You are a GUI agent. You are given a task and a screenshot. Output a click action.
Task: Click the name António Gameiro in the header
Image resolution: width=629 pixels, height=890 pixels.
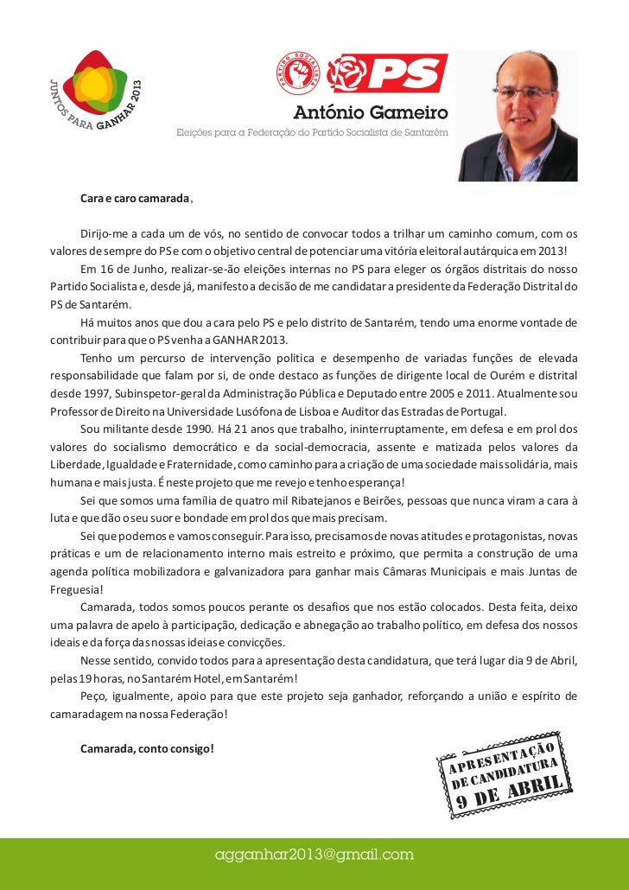[371, 113]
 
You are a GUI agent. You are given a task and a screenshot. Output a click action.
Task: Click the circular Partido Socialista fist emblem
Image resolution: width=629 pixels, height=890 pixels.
[298, 73]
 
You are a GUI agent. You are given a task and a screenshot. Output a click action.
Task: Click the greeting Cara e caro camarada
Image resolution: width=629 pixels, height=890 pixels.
[135, 199]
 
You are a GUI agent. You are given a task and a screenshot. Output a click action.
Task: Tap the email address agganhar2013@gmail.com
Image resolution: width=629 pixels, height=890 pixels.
[314, 855]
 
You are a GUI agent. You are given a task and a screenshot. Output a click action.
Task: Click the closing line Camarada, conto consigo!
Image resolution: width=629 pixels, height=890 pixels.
[147, 747]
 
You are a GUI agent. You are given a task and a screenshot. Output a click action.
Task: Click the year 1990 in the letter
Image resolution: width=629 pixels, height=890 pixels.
[195, 429]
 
